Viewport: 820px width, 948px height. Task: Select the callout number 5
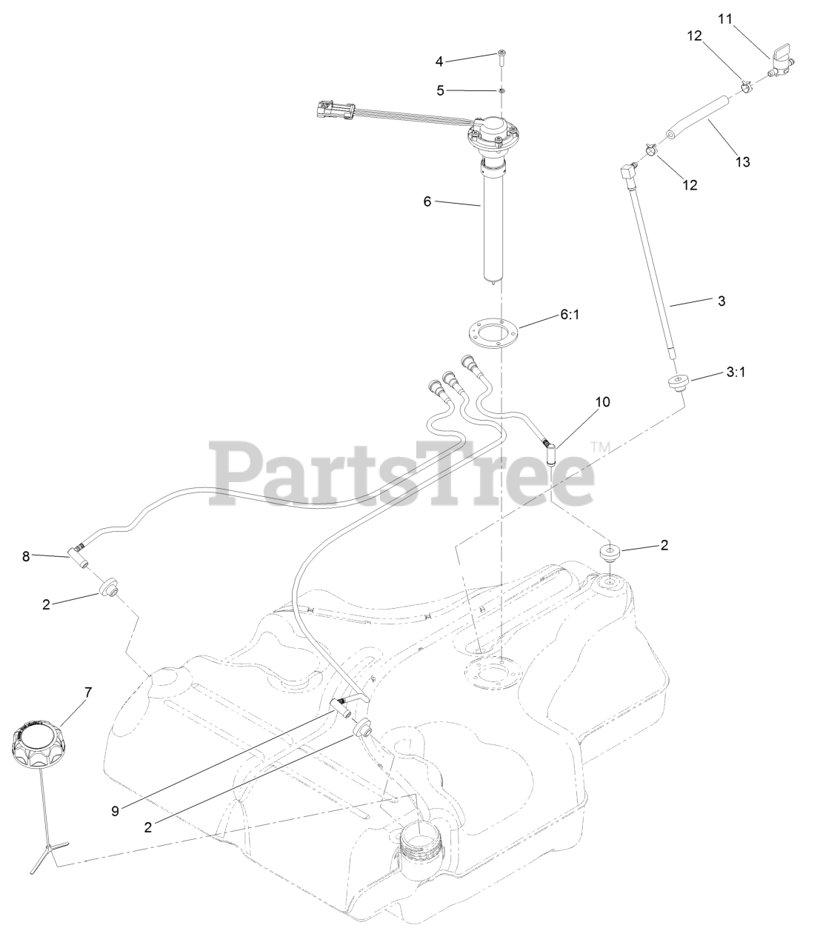439,90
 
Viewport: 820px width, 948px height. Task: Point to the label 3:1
735,373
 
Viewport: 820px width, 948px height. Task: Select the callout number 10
602,401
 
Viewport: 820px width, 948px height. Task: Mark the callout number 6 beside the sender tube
427,201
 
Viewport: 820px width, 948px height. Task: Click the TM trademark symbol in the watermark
599,447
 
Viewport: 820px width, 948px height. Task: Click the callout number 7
87,692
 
